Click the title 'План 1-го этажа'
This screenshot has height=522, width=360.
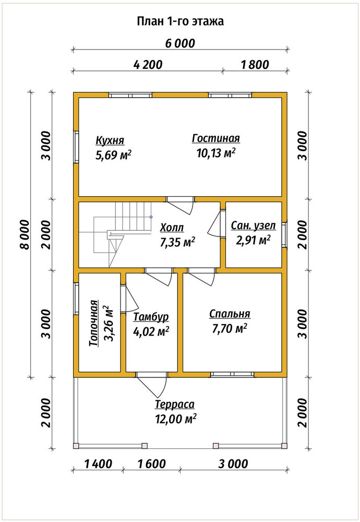pyautogui.click(x=180, y=21)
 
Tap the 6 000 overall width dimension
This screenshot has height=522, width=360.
pyautogui.click(x=180, y=43)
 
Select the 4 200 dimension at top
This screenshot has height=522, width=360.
pyautogui.click(x=148, y=65)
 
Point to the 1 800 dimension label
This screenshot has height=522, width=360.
pyautogui.click(x=255, y=65)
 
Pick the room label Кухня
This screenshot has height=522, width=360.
pyautogui.click(x=110, y=140)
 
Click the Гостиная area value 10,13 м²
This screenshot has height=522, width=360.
pyautogui.click(x=217, y=153)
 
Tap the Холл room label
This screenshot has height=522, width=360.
pyautogui.click(x=172, y=228)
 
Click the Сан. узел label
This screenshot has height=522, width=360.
pyautogui.click(x=254, y=226)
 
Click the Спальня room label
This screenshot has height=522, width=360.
pyautogui.click(x=230, y=314)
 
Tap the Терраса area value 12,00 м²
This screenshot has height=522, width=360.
pyautogui.click(x=175, y=419)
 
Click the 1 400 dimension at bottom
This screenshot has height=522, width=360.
pyautogui.click(x=99, y=464)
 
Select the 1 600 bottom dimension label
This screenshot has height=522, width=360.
pyautogui.click(x=152, y=464)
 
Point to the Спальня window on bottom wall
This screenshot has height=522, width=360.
pyautogui.click(x=232, y=374)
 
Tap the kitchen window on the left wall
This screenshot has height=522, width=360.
pyautogui.click(x=76, y=147)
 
